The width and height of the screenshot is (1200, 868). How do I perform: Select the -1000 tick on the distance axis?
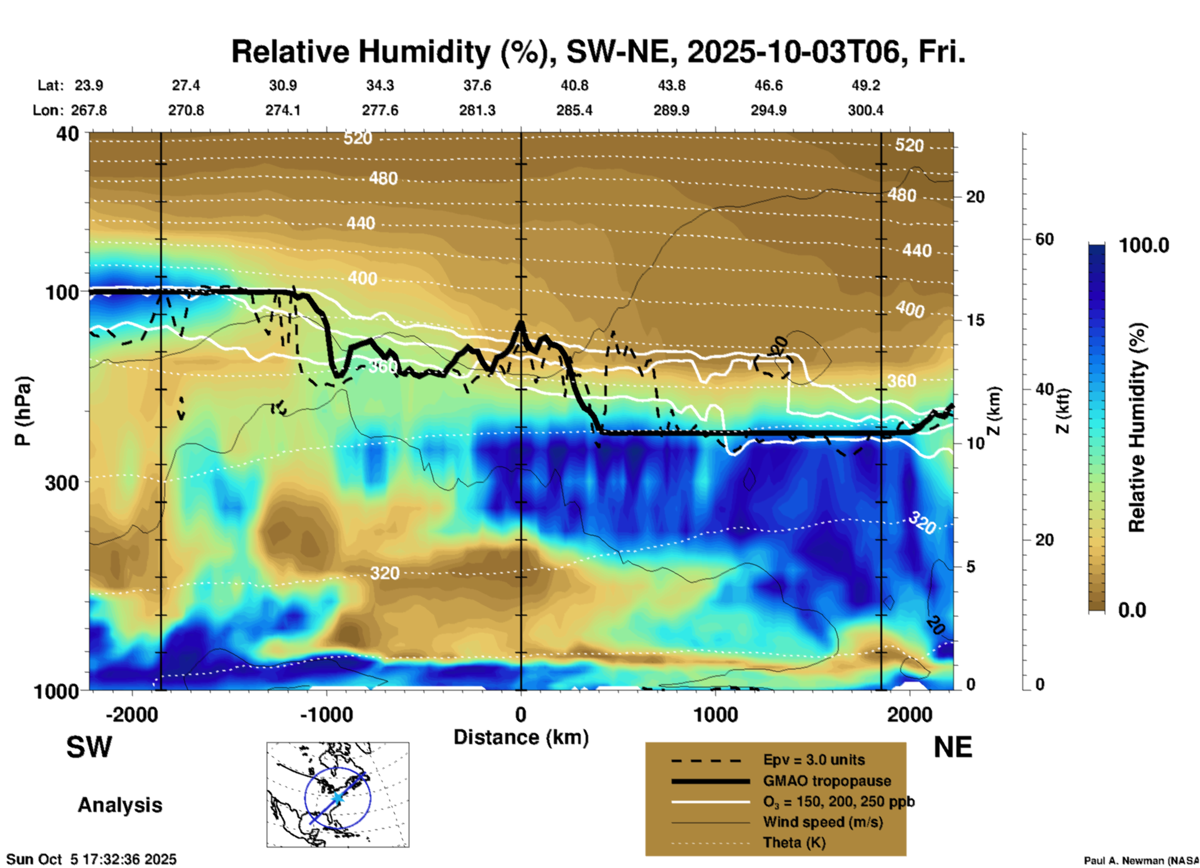[326, 714]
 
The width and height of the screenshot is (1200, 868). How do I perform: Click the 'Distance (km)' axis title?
[521, 737]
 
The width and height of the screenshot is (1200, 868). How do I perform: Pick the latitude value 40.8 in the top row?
[574, 85]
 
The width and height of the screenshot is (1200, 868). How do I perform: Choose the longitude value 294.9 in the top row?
[768, 110]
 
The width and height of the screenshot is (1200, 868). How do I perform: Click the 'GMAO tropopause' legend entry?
[827, 781]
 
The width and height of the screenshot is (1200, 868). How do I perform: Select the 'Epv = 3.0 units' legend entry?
[814, 760]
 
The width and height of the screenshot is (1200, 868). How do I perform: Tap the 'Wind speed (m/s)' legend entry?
[822, 822]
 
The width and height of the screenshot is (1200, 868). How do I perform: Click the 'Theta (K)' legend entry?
[794, 842]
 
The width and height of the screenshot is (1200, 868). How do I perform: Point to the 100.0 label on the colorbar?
[1144, 245]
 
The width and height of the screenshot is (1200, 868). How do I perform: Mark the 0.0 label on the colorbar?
[1132, 610]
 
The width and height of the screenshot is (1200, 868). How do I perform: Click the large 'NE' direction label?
[953, 747]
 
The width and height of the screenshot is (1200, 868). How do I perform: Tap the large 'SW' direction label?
[89, 747]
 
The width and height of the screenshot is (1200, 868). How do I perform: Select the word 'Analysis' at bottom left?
[120, 805]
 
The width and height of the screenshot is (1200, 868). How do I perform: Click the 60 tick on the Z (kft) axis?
[1044, 239]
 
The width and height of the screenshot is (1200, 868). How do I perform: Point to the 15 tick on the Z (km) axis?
[975, 320]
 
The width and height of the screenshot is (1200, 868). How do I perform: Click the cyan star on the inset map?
[337, 798]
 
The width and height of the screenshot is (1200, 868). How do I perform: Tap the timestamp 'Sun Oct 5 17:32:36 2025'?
[92, 859]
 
